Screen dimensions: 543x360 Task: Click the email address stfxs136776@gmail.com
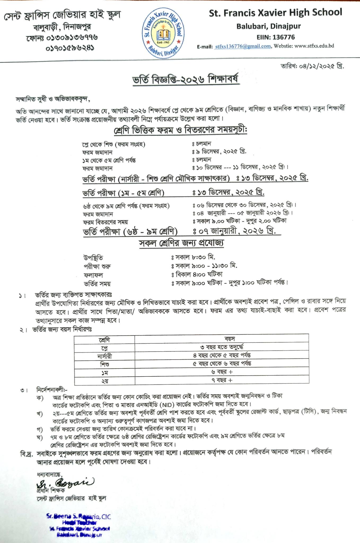(x=243, y=46)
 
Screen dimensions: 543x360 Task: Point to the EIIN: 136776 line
(x=275, y=37)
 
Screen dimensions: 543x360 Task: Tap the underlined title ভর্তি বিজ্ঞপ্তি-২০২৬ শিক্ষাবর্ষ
(x=186, y=80)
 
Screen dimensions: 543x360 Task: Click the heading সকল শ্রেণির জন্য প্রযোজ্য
(x=182, y=243)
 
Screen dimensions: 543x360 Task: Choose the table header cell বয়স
(x=222, y=339)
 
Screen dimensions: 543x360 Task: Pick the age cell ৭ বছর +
(x=222, y=380)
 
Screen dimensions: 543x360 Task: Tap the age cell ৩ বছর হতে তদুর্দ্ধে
(x=222, y=347)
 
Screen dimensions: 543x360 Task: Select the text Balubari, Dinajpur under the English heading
(x=269, y=26)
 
